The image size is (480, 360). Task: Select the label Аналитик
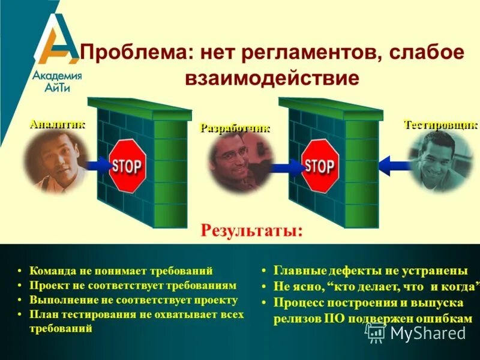coord(57,124)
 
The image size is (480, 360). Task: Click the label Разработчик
coord(235,128)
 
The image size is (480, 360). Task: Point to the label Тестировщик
coord(440,125)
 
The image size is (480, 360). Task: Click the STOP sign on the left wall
coord(127,166)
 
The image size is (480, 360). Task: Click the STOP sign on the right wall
coord(319,166)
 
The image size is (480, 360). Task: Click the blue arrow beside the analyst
coord(96,164)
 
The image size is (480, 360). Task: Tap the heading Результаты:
coord(251,230)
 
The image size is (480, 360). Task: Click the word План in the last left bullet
coord(41,314)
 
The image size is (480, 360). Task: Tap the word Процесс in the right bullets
coord(295,302)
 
